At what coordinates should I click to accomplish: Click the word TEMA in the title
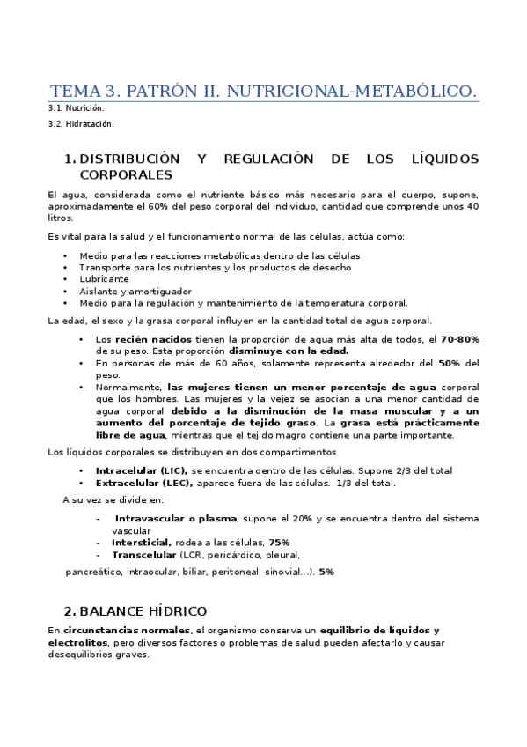tap(74, 92)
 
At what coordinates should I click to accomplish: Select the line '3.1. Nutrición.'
tap(76, 108)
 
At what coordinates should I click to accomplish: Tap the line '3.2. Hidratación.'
tap(81, 123)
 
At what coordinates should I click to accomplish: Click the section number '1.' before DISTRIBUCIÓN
tap(70, 159)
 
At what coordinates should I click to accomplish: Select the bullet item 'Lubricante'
tap(104, 279)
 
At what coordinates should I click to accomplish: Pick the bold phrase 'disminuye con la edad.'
tap(289, 351)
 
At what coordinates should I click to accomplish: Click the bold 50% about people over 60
tap(449, 363)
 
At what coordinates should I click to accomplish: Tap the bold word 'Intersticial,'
tap(141, 543)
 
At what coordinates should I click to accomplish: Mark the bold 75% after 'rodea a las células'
tap(279, 543)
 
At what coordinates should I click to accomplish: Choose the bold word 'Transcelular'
tap(143, 555)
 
